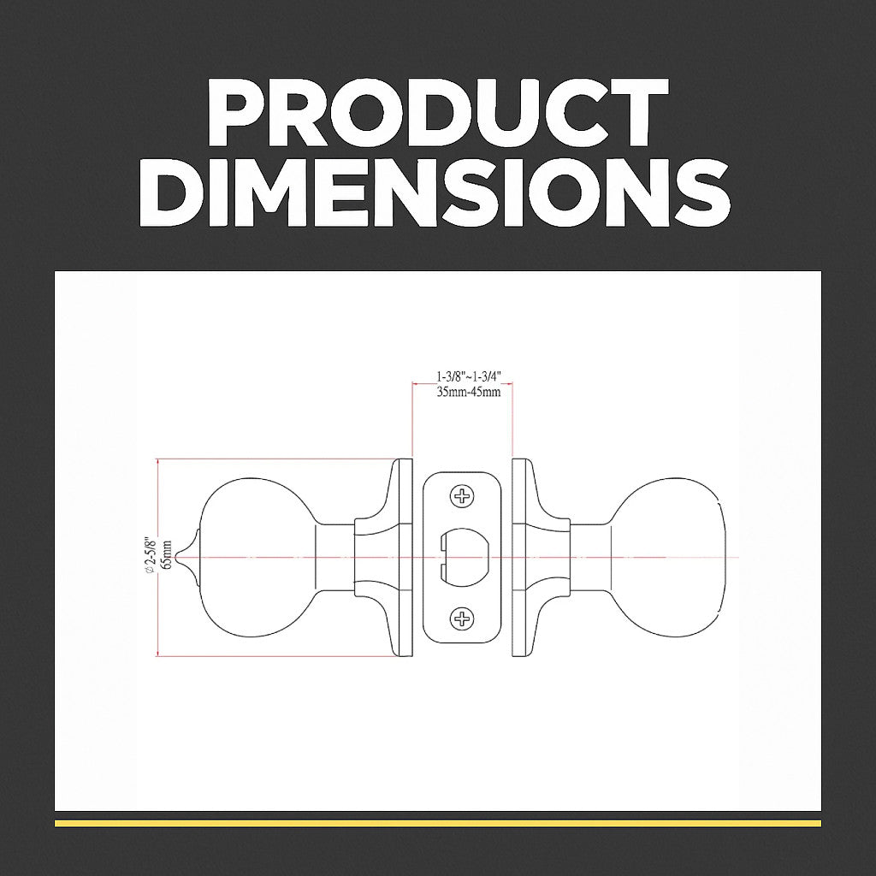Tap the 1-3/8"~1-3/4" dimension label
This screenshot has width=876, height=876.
(468, 377)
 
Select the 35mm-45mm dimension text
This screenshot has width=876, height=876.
(468, 391)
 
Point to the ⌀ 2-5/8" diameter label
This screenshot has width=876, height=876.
(149, 554)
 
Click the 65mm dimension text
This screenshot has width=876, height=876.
(165, 554)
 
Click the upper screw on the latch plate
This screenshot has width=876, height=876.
(462, 496)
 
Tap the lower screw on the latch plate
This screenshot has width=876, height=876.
(462, 619)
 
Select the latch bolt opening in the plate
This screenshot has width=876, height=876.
(463, 557)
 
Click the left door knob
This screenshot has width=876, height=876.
(257, 557)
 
